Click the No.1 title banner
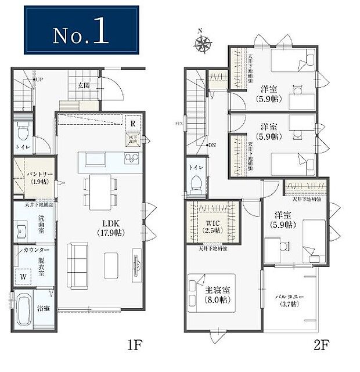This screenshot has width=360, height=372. coord(81,30)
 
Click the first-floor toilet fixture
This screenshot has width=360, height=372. coord(23,133)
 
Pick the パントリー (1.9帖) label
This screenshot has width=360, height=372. coord(27,178)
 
